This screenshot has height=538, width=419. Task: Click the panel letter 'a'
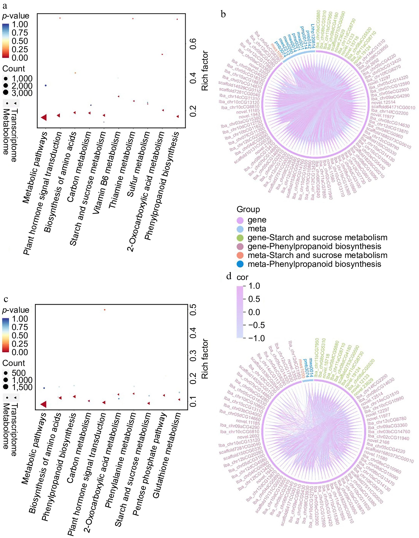coord(5,6)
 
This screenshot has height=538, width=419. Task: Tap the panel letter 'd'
coord(229,276)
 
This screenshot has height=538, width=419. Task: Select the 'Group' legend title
coord(248,209)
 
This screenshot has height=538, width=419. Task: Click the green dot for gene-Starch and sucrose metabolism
coord(240,238)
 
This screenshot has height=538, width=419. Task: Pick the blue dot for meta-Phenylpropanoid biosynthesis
coord(240,264)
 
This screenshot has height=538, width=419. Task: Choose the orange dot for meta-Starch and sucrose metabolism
coord(240,255)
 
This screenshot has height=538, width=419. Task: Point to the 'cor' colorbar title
coord(242,277)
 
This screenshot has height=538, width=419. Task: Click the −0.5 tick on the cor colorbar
coord(256,325)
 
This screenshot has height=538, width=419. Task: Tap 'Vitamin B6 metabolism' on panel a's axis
coord(106,172)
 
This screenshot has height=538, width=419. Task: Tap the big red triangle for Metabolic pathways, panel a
coord(44,117)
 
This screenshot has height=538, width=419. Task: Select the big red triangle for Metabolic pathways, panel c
coord(44,404)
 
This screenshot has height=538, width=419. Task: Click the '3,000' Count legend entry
coord(22,93)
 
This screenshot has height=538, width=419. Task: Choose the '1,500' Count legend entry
coord(22,387)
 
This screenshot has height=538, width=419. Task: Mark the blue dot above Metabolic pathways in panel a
coord(46,85)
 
